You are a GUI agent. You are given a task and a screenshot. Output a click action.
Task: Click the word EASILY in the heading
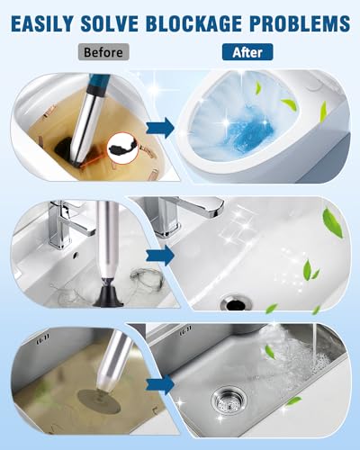pyautogui.click(x=42, y=23)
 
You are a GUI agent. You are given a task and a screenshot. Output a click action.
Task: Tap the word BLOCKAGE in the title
pyautogui.click(x=193, y=23)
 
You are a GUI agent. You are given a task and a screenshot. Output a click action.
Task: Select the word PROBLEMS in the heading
pyautogui.click(x=300, y=23)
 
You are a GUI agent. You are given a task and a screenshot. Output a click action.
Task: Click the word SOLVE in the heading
pyautogui.click(x=110, y=23)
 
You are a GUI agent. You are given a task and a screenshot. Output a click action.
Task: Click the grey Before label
pyautogui.click(x=103, y=52)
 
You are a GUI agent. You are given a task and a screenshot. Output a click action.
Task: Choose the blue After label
pyautogui.click(x=247, y=52)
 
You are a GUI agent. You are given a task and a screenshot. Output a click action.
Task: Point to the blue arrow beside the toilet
pyautogui.click(x=160, y=128)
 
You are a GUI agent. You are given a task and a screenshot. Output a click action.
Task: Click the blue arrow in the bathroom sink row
pyautogui.click(x=160, y=256)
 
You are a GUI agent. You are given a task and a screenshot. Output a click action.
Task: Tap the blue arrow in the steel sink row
pyautogui.click(x=160, y=384)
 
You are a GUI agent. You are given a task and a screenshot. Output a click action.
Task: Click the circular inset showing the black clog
pyautogui.click(x=123, y=148)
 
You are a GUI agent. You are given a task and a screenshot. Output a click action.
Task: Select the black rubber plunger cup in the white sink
pyautogui.click(x=108, y=296)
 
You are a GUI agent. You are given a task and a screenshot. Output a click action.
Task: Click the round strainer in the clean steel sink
pyautogui.click(x=229, y=399)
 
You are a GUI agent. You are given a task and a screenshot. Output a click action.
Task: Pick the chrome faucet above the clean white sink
pyautogui.click(x=180, y=214)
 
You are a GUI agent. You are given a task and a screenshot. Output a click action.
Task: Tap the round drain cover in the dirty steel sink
pyautogui.click(x=98, y=401)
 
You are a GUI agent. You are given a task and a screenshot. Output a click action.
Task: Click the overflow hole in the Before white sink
pyautogui.click(x=76, y=255)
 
